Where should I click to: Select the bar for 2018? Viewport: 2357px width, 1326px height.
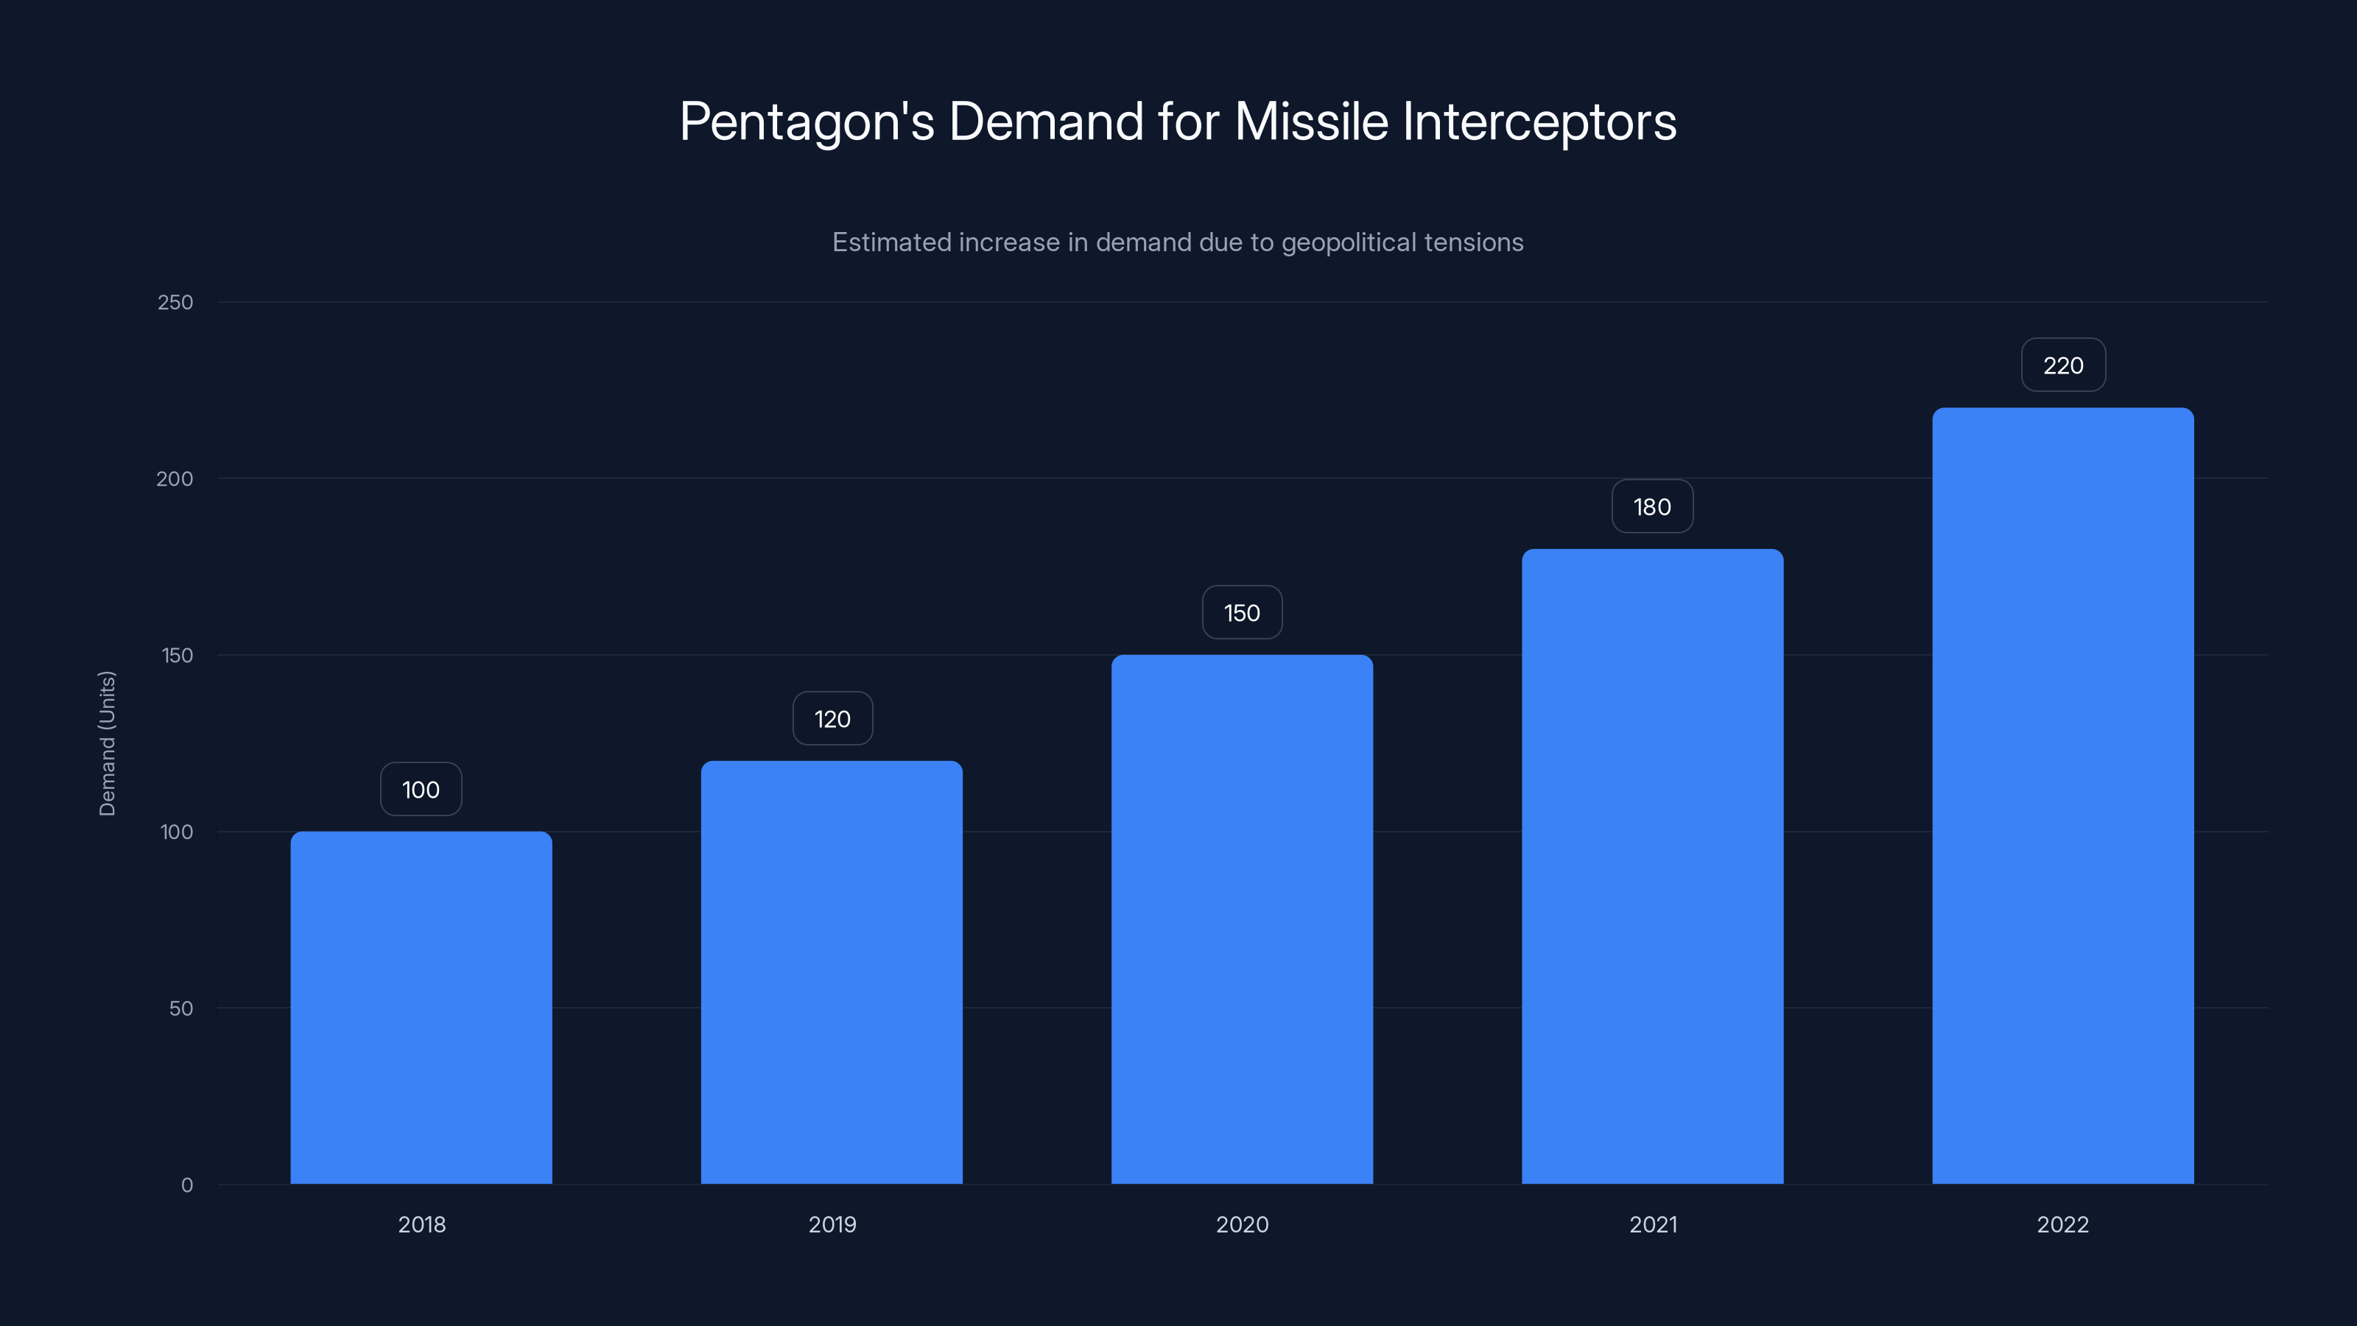pos(421,1006)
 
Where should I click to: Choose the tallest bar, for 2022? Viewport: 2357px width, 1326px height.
pos(2062,796)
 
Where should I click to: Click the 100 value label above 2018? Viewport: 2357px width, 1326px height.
pos(421,789)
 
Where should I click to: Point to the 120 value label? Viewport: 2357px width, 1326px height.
pos(832,718)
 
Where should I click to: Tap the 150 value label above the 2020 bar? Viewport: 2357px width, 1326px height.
pos(1242,612)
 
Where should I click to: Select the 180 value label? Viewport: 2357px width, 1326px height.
pos(1651,506)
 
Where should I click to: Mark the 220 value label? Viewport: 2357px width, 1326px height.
pos(2062,365)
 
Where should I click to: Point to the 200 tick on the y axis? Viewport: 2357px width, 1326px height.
pos(175,479)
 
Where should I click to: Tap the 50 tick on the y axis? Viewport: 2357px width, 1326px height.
pos(181,1008)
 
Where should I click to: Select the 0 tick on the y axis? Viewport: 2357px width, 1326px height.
pos(186,1184)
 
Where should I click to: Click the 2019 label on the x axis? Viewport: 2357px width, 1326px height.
pos(832,1224)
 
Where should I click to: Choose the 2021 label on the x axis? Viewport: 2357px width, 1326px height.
pos(1652,1224)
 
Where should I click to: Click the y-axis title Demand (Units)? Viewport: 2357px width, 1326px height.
pos(107,743)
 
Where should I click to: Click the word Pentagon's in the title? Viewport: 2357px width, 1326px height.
pos(806,122)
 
